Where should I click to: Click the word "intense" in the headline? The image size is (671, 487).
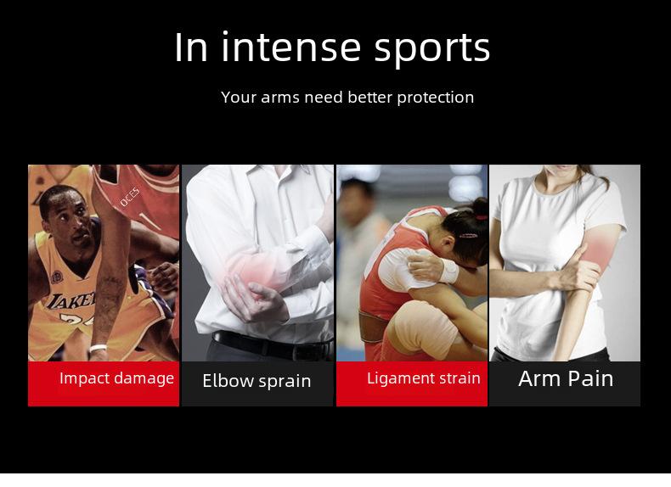(291, 47)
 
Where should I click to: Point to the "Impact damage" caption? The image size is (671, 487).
(117, 378)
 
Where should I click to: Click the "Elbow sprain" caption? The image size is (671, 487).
(257, 381)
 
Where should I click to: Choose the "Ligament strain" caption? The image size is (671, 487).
(424, 378)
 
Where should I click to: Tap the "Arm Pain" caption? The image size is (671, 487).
(566, 378)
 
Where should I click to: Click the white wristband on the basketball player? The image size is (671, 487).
(98, 348)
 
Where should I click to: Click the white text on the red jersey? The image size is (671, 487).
(130, 197)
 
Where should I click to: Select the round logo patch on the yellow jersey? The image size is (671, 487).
(58, 277)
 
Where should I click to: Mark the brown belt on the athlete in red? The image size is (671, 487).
(375, 327)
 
